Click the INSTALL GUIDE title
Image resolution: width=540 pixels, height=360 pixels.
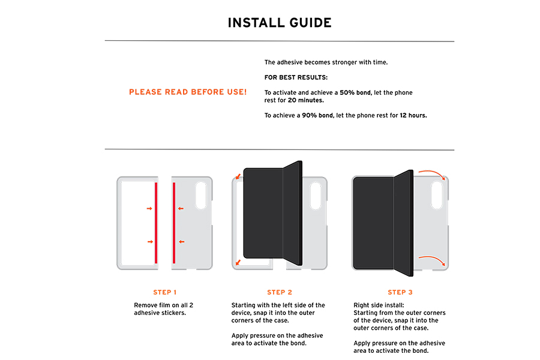click(x=279, y=23)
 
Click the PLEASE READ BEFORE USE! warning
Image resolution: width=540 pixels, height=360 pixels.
click(x=188, y=92)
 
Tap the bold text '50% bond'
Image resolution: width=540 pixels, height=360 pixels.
click(x=355, y=92)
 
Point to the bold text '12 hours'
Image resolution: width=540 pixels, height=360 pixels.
click(x=413, y=115)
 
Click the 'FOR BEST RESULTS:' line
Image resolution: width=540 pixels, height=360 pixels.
click(x=296, y=77)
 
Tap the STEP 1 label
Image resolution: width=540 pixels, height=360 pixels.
click(x=164, y=292)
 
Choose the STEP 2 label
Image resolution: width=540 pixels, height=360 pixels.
click(x=279, y=292)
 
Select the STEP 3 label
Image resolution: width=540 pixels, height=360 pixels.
click(x=400, y=292)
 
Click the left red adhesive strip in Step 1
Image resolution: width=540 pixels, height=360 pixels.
click(x=156, y=223)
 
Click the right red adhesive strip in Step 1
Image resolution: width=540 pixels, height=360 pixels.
click(x=174, y=223)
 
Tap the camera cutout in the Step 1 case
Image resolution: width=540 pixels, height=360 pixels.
click(x=201, y=196)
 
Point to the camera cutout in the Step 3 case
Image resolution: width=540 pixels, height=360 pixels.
click(x=437, y=196)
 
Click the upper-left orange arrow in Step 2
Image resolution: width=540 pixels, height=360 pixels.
click(x=238, y=177)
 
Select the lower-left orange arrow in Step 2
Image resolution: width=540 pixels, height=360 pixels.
click(x=238, y=263)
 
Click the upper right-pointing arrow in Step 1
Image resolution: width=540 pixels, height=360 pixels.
click(x=149, y=208)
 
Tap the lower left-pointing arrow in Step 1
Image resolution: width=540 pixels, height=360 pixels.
click(x=181, y=242)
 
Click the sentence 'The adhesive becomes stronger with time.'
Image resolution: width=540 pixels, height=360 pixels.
click(x=326, y=62)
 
